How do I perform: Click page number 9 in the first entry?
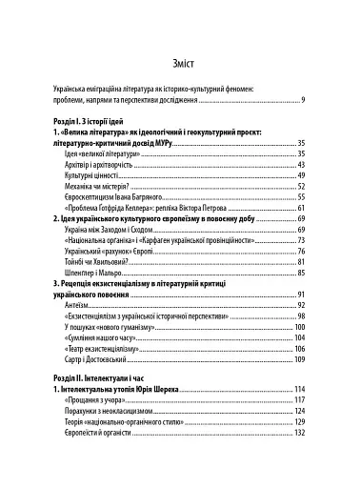pos(301,100)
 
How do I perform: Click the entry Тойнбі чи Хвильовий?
pos(102,262)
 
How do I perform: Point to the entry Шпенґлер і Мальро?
pos(97,274)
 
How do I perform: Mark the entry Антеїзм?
pos(78,305)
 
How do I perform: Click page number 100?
pos(297,328)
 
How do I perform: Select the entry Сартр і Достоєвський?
pos(101,361)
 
